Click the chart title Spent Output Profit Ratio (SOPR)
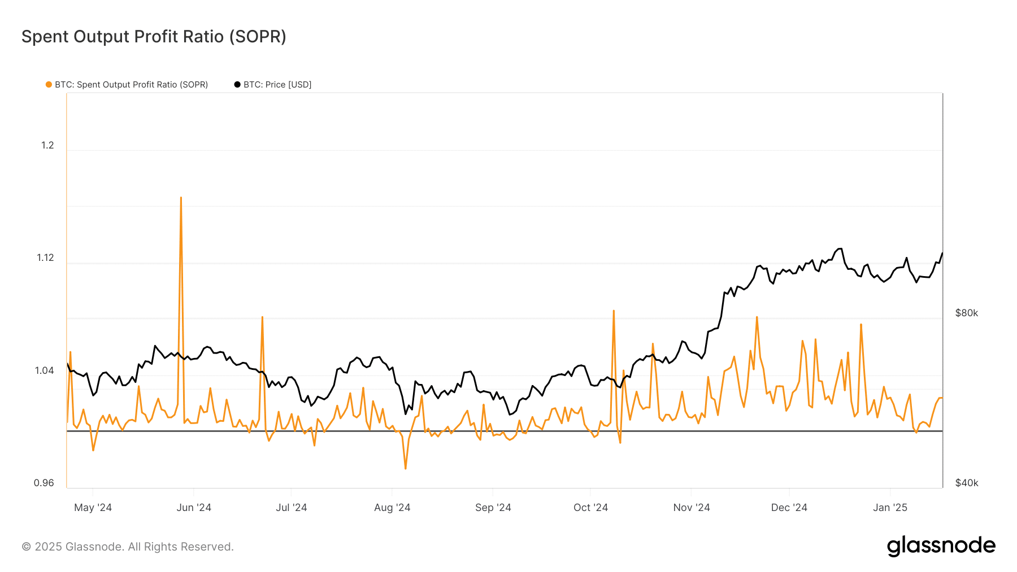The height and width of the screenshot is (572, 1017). coord(154,37)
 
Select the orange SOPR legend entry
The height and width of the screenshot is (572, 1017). coord(127,85)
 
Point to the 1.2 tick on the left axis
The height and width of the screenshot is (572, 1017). coord(47,145)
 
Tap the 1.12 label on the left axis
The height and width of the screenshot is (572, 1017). coord(45,257)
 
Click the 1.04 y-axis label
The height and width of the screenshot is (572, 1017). coord(45,370)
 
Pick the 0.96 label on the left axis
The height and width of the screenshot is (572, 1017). coord(44,483)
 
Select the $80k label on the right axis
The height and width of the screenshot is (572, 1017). coord(966,313)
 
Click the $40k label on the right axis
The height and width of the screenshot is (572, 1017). coord(966,483)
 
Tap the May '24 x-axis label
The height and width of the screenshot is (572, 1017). coord(93,508)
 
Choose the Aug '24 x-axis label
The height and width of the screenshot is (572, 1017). coord(392,508)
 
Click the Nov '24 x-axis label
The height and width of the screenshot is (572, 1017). coord(691,508)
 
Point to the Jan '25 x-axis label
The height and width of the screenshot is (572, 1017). coord(890,508)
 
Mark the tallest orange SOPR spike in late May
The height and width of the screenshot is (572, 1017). coord(181,198)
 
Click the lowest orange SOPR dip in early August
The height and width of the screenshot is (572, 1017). coord(406,468)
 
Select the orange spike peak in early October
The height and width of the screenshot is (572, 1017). coord(614,311)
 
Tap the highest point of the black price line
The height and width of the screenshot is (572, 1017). coord(840,248)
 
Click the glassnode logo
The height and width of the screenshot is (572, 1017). coord(941,546)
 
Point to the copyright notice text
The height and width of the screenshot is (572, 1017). coord(128,547)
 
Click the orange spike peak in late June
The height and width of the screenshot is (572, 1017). coord(262,317)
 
